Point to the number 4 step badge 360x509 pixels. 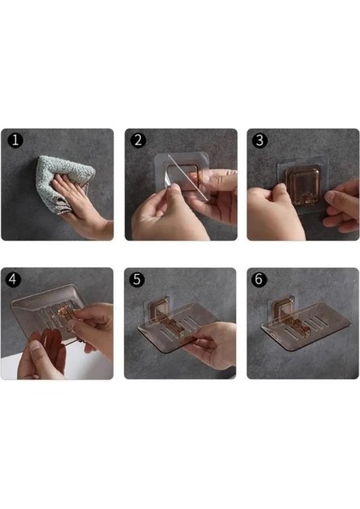(14, 279)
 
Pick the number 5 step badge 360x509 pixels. (137, 279)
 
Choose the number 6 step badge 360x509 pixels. (259, 279)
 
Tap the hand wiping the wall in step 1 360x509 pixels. (86, 209)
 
